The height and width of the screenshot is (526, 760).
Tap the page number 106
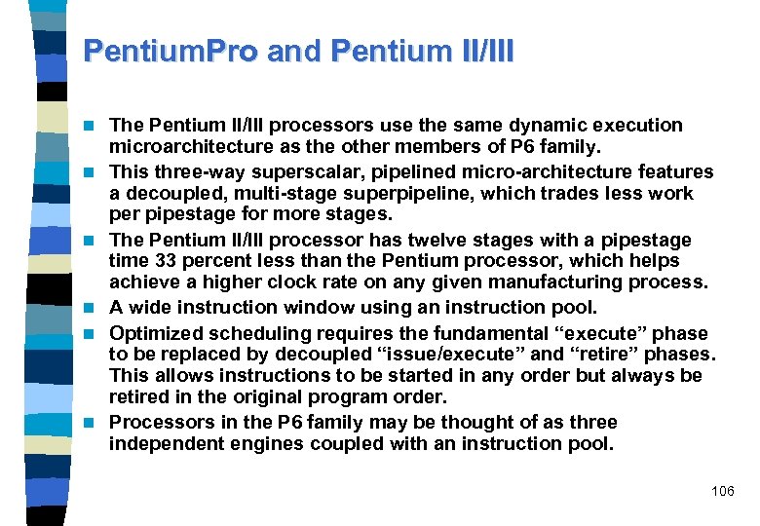[723, 491]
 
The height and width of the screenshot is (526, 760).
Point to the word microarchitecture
[191, 146]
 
